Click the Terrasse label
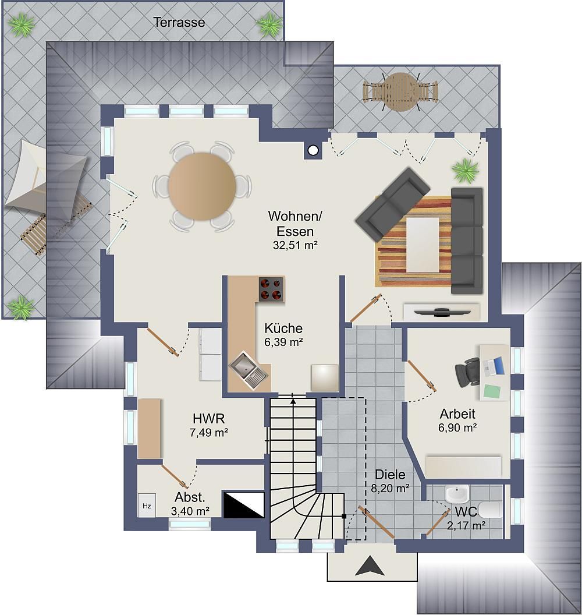pyautogui.click(x=179, y=22)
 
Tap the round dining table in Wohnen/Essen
pyautogui.click(x=202, y=186)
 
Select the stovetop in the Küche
pyautogui.click(x=271, y=289)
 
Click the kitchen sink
pyautogui.click(x=249, y=370)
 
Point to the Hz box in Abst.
pyautogui.click(x=147, y=506)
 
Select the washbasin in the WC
pyautogui.click(x=457, y=494)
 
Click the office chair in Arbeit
pyautogui.click(x=467, y=371)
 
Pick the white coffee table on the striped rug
pyautogui.click(x=423, y=245)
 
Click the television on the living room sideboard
pyautogui.click(x=442, y=312)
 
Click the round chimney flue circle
pyautogui.click(x=313, y=150)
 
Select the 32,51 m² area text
pyautogui.click(x=295, y=245)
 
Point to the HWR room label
pyautogui.click(x=209, y=419)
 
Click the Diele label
pyautogui.click(x=390, y=475)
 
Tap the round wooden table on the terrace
pyautogui.click(x=400, y=92)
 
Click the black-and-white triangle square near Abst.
pyautogui.click(x=243, y=504)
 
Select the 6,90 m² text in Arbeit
pyautogui.click(x=457, y=427)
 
